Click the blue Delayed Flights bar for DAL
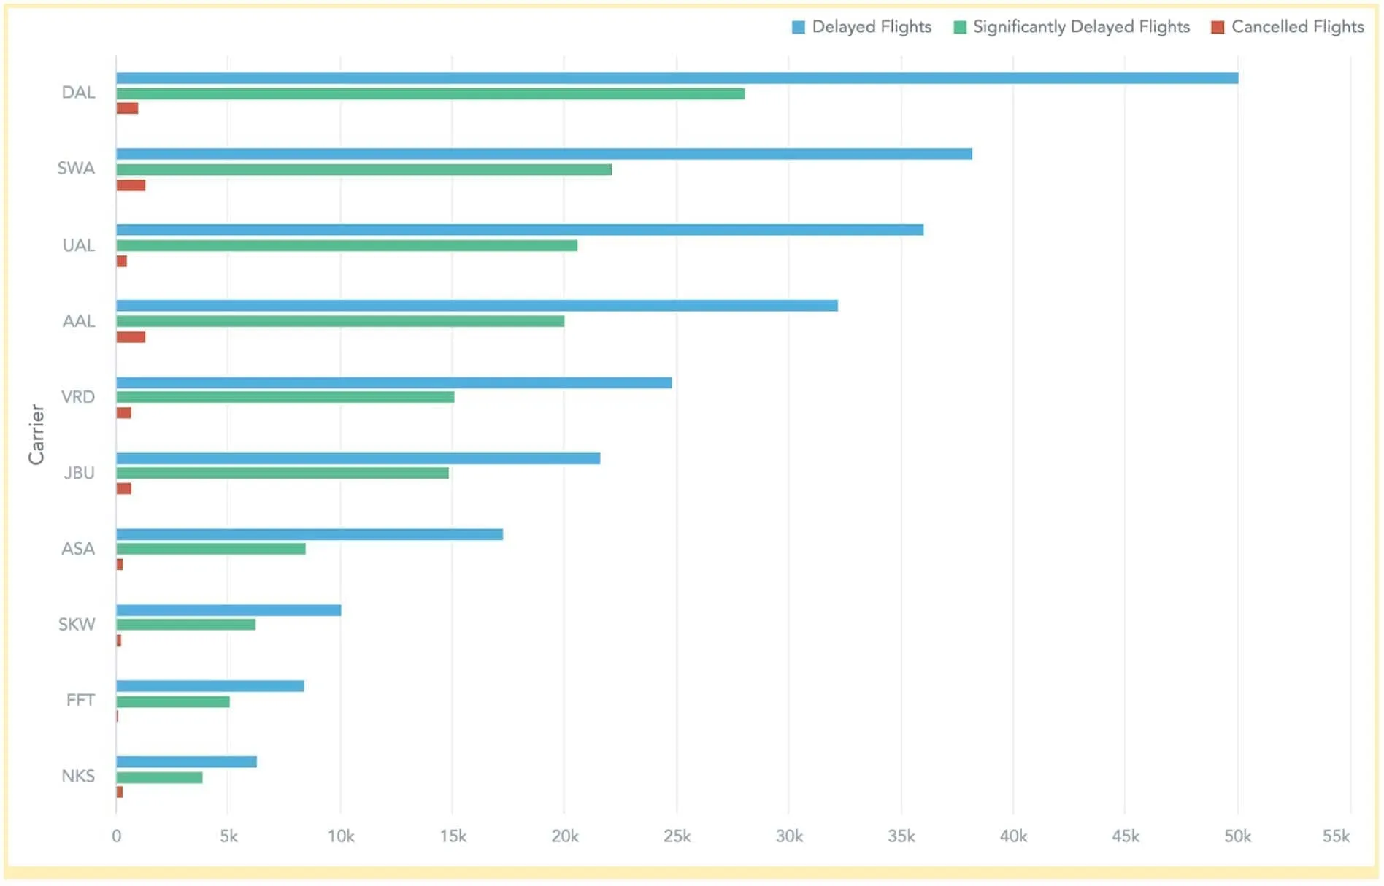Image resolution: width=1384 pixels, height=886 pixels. tap(677, 78)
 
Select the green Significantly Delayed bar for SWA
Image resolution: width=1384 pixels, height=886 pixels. tap(364, 169)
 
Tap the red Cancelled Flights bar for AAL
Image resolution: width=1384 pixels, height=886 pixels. tap(131, 337)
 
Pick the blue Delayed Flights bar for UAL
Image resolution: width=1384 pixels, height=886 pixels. tap(520, 230)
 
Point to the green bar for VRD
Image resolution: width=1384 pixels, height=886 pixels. tap(285, 397)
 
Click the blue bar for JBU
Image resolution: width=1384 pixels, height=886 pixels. tap(358, 458)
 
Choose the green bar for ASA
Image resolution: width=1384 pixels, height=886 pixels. tap(210, 549)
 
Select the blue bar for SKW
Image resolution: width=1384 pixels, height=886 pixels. tap(228, 610)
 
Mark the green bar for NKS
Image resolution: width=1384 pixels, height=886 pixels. tap(159, 778)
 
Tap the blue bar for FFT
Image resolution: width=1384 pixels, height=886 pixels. tap(209, 686)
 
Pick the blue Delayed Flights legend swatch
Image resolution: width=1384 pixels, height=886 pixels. tap(799, 28)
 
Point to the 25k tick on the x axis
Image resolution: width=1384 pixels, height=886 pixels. tap(677, 836)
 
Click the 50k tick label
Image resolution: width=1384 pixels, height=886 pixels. tap(1237, 836)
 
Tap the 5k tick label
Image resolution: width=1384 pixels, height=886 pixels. tap(228, 836)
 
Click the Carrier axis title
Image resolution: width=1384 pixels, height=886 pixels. tap(36, 434)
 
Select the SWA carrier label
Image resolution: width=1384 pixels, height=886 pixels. tap(76, 169)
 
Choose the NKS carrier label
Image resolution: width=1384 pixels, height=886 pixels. tap(78, 776)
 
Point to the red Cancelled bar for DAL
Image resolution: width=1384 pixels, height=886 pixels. tap(127, 109)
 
